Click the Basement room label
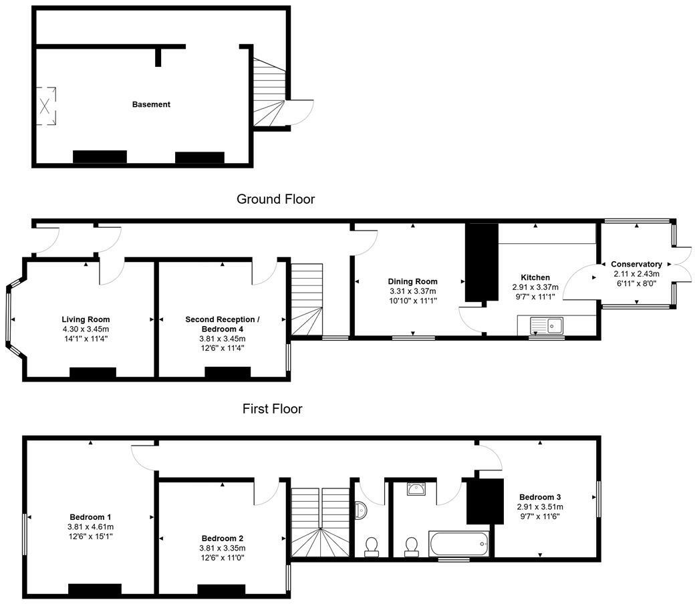coord(151,105)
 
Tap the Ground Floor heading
coord(276,199)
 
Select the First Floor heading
coord(272,409)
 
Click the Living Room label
coord(86,319)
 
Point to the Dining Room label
coord(413,281)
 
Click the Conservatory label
coord(636,264)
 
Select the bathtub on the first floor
coord(458,544)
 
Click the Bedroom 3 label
coord(541,497)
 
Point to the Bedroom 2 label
coord(223,539)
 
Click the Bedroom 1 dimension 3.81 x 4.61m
coord(90,527)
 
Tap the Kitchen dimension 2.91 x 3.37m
coord(535,287)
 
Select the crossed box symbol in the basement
coord(45,106)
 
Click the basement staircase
coord(269,93)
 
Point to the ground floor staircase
coord(307,299)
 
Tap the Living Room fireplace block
coord(93,373)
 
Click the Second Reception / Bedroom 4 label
coord(223,324)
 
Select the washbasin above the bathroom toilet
coord(416,489)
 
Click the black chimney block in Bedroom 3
coord(485,501)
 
